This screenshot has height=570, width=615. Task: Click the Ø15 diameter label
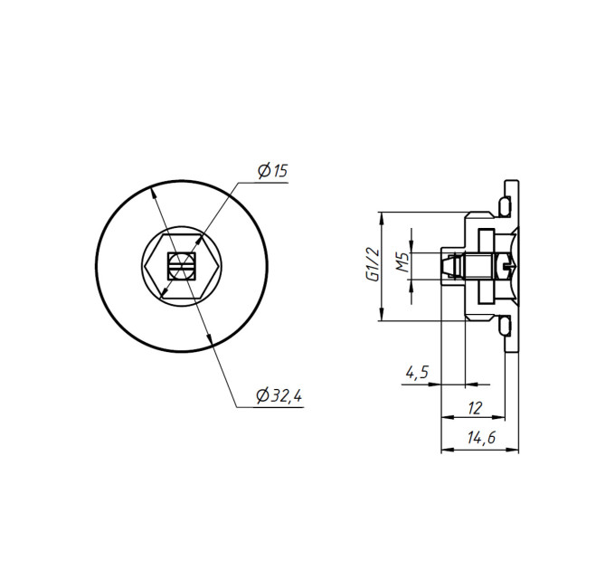tap(272, 171)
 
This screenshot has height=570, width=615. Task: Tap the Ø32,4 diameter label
tap(279, 395)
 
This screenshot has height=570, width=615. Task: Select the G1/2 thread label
tap(373, 264)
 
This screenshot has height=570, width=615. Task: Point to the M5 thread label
tap(402, 262)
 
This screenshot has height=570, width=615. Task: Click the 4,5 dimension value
tap(417, 372)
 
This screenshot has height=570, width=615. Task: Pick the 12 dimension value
tap(475, 408)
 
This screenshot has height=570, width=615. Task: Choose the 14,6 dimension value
tap(482, 437)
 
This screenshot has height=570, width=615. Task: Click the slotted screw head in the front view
tap(182, 266)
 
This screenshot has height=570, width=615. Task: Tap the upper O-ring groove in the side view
tap(505, 205)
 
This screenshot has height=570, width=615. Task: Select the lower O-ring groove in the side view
tap(505, 327)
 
